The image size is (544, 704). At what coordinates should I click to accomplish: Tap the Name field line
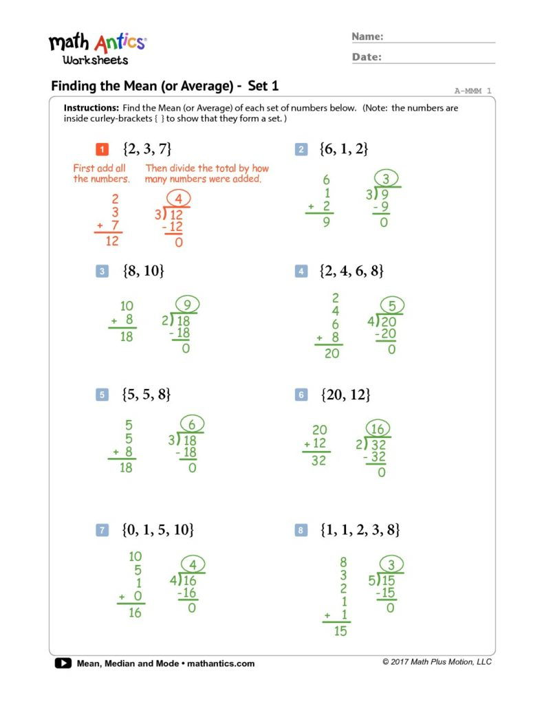(x=440, y=41)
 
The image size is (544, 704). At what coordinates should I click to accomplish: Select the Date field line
(x=440, y=62)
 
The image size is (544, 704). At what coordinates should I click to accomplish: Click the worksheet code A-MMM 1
(x=472, y=91)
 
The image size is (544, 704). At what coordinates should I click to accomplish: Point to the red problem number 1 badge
(x=101, y=149)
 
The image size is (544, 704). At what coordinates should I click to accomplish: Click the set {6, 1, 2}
(x=345, y=149)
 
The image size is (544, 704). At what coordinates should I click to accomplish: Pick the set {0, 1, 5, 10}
(x=157, y=529)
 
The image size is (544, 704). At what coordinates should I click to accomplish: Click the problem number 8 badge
(x=301, y=530)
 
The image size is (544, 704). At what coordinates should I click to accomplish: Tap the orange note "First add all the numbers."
(x=101, y=173)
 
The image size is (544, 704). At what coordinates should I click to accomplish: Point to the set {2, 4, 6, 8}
(x=351, y=271)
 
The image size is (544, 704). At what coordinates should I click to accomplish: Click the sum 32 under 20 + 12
(x=318, y=461)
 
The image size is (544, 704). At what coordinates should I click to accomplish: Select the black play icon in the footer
(x=63, y=663)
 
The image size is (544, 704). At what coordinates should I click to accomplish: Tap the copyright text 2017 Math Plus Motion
(x=437, y=661)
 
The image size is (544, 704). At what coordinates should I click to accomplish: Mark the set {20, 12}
(x=346, y=395)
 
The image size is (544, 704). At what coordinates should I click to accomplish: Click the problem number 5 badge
(x=101, y=395)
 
